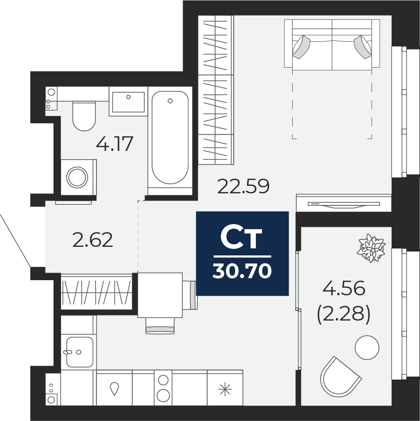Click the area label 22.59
click(x=243, y=186)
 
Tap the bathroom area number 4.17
click(x=115, y=144)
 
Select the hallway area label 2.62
click(x=92, y=240)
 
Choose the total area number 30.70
click(x=242, y=272)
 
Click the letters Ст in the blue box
click(x=241, y=239)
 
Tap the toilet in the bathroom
click(x=84, y=116)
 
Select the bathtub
click(x=170, y=137)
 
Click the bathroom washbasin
click(x=128, y=101)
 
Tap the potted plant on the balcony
click(x=372, y=248)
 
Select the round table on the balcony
click(x=366, y=348)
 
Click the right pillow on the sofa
click(x=363, y=46)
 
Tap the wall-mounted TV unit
click(x=343, y=204)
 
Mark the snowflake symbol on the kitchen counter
click(x=224, y=389)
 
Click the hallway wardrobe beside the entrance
click(x=96, y=292)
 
